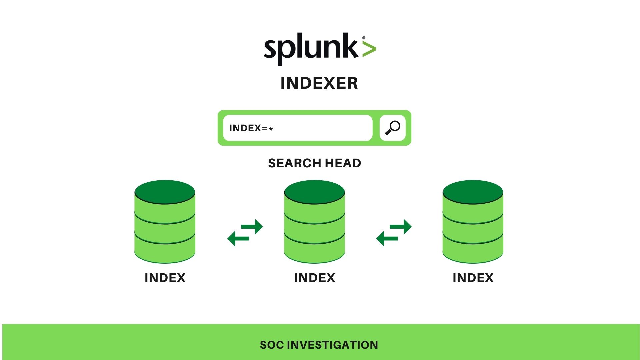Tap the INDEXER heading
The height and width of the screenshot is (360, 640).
tap(319, 83)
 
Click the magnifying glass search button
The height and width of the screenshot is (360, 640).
tap(392, 128)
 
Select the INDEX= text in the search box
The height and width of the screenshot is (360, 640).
tap(248, 128)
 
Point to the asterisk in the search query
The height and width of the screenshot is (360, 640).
tap(271, 129)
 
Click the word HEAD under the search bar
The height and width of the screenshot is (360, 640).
tap(343, 163)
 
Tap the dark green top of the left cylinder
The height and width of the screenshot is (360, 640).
tap(165, 192)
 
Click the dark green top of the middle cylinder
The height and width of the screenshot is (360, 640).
tap(314, 192)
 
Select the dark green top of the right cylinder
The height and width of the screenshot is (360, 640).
tap(473, 192)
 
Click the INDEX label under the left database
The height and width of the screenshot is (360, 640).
tap(165, 278)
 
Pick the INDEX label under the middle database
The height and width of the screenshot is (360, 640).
tap(314, 278)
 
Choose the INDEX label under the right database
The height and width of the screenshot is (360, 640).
tap(473, 278)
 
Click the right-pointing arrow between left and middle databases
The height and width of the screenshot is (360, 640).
tap(253, 227)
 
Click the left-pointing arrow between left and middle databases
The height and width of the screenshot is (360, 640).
tap(238, 239)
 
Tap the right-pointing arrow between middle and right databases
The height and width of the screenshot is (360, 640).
tap(402, 227)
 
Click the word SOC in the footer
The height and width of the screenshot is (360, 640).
tap(272, 345)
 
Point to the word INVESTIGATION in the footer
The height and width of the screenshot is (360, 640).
tap(332, 345)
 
